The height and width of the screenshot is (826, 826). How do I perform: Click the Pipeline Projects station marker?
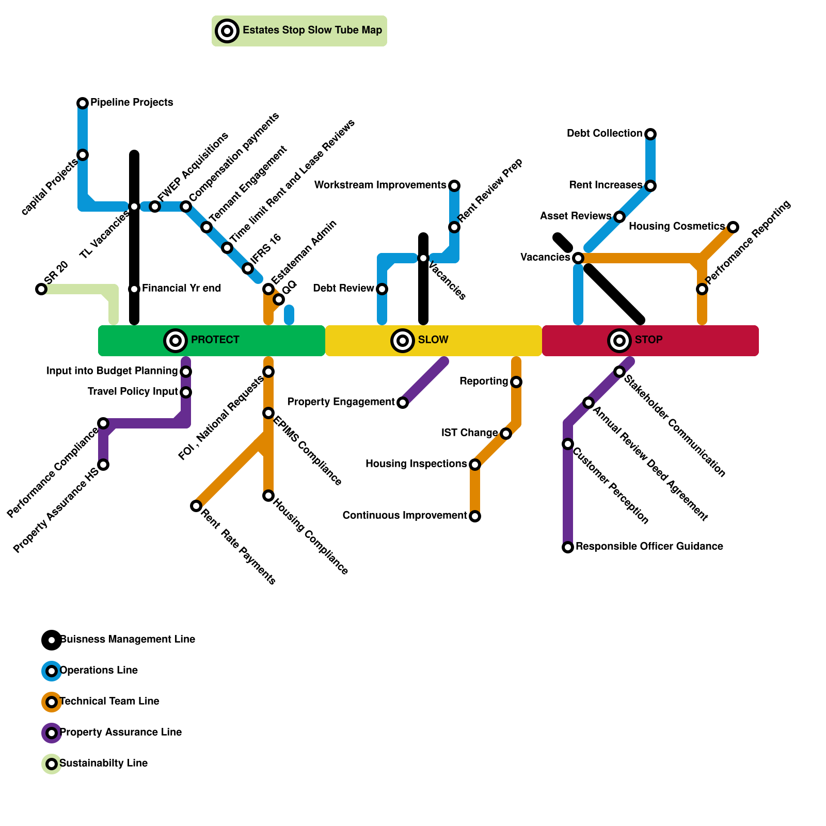pyautogui.click(x=83, y=103)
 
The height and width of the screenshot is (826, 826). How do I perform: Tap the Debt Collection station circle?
pyautogui.click(x=650, y=134)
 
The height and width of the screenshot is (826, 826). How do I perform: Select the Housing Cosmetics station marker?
pyautogui.click(x=733, y=227)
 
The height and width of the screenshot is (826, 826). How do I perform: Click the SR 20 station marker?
pyautogui.click(x=41, y=289)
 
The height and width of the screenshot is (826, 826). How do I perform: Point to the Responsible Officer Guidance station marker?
pyautogui.click(x=568, y=547)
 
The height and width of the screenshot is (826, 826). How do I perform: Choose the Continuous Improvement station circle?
pyautogui.click(x=475, y=516)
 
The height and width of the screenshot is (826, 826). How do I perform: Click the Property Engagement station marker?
pyautogui.click(x=403, y=403)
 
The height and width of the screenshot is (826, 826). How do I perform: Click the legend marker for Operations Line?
pyautogui.click(x=52, y=671)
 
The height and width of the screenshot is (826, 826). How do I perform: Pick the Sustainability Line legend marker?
pyautogui.click(x=52, y=764)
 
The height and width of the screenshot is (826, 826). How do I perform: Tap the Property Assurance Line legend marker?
pyautogui.click(x=52, y=733)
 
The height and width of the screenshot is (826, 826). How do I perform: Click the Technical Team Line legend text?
pyautogui.click(x=109, y=702)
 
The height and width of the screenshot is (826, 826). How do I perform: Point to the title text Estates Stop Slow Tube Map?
pyautogui.click(x=312, y=30)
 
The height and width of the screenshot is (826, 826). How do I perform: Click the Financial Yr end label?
pyautogui.click(x=181, y=289)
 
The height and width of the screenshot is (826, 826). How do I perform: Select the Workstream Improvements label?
pyautogui.click(x=380, y=185)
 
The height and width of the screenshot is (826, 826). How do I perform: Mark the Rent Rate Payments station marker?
pyautogui.click(x=196, y=506)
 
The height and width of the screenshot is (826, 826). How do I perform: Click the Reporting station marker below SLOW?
pyautogui.click(x=516, y=382)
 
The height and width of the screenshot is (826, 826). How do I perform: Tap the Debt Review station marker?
pyautogui.click(x=382, y=289)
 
